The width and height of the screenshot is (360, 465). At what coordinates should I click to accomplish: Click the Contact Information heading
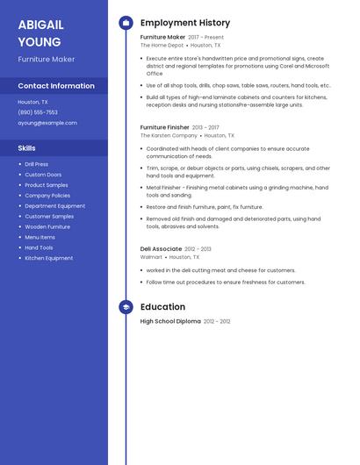[56, 86]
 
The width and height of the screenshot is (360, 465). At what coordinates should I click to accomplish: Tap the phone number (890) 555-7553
[38, 112]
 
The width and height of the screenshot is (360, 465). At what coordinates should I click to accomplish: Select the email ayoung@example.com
[47, 123]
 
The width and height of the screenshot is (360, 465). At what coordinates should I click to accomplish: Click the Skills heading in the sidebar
[27, 148]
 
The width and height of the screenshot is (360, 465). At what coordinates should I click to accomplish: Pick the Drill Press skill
[37, 164]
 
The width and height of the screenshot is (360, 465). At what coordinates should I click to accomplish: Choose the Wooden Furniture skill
[47, 226]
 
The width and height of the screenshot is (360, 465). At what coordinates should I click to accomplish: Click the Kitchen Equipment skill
[49, 258]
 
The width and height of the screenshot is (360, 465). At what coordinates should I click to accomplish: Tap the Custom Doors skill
[44, 175]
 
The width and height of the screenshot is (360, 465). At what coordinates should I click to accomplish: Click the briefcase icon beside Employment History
[126, 23]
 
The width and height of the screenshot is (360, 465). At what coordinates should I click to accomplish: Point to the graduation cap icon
[126, 307]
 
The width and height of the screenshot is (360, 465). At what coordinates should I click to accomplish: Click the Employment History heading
[185, 23]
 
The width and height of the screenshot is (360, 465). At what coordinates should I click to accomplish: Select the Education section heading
[162, 307]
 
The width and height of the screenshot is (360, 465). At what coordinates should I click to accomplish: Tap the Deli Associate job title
[161, 249]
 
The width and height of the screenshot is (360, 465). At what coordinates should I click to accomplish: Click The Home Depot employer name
[162, 45]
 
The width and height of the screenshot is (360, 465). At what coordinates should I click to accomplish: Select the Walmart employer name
[151, 257]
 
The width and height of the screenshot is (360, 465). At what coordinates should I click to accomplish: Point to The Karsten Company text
[169, 136]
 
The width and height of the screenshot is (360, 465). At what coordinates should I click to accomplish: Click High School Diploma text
[170, 321]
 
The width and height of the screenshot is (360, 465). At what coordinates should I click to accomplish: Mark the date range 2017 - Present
[206, 38]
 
